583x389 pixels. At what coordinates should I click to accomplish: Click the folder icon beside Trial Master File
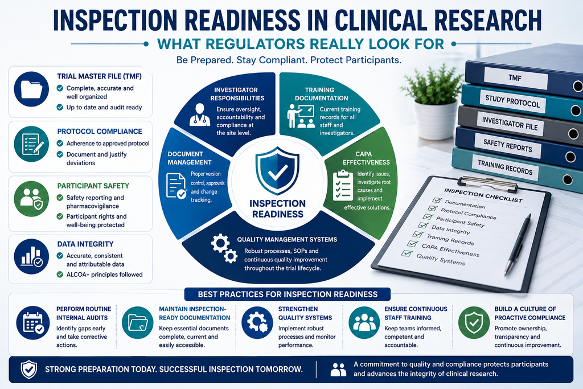tap(31, 89)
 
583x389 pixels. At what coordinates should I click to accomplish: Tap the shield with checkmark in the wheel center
tap(277, 171)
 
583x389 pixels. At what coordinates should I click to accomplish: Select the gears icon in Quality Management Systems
tap(224, 248)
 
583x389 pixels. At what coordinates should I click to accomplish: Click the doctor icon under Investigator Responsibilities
tap(200, 115)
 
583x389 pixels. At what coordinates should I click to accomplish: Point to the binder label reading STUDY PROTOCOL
tap(512, 101)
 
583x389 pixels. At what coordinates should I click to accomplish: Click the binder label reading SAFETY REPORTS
tap(507, 145)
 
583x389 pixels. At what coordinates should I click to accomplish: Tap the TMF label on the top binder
tap(515, 78)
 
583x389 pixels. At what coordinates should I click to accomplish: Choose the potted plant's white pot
tap(436, 120)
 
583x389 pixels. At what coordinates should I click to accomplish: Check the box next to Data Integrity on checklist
tap(423, 226)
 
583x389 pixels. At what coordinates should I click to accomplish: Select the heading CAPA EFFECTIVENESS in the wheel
tap(366, 158)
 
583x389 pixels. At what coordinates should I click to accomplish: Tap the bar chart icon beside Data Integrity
tap(31, 257)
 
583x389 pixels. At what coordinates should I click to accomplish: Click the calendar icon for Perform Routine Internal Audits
tap(33, 323)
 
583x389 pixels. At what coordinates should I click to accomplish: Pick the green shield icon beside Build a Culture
tap(474, 323)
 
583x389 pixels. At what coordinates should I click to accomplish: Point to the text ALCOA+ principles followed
tap(105, 275)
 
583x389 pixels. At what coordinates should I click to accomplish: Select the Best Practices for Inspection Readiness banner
tap(288, 294)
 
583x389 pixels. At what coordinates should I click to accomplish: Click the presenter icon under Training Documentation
tap(301, 116)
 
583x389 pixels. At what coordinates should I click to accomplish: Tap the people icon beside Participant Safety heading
tap(31, 199)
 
